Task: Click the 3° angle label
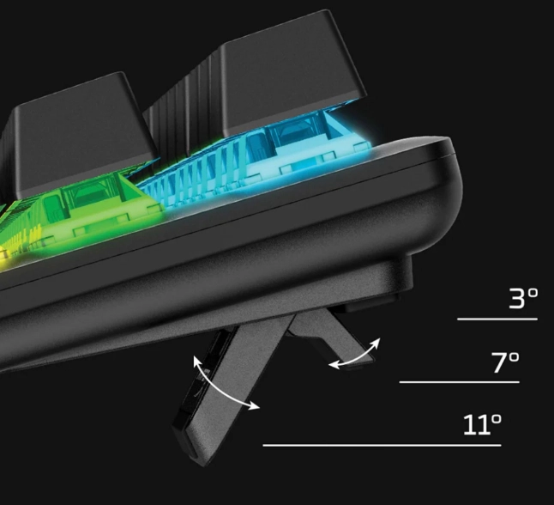(x=523, y=298)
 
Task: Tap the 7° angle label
(x=506, y=362)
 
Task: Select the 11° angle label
(x=482, y=424)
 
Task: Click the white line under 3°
(x=497, y=319)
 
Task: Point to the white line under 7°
(x=460, y=382)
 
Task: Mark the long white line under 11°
(x=382, y=445)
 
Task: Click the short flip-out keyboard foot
(x=330, y=336)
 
